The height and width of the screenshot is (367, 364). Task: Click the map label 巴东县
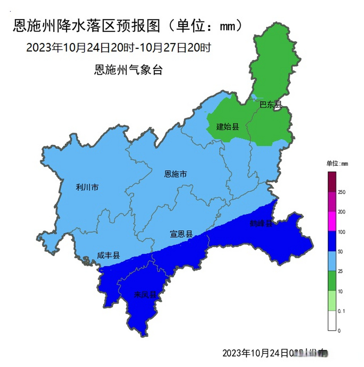(270, 105)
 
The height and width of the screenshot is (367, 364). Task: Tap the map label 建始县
(228, 126)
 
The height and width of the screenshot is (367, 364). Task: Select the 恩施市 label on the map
(175, 174)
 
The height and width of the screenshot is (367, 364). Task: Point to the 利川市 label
(87, 187)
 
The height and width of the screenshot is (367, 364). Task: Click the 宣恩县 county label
(181, 234)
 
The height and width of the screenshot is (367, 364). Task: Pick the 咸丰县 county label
(108, 255)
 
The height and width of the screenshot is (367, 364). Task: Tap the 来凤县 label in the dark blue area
(145, 294)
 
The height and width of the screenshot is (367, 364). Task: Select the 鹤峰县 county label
(261, 223)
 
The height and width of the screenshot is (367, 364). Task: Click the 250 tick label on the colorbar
(342, 192)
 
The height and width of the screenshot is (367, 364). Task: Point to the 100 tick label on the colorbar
(342, 232)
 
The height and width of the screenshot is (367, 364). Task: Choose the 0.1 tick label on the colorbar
(342, 311)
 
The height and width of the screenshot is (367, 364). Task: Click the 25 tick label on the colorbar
(340, 271)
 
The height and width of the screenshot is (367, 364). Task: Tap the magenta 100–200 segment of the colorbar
(332, 222)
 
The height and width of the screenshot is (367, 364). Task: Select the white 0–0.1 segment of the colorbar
(332, 321)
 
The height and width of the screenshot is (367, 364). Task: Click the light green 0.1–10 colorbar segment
(332, 301)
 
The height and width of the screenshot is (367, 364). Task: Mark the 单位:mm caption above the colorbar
(337, 164)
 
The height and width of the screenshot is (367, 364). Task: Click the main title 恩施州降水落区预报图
(86, 26)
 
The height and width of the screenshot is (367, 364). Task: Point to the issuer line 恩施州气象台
(128, 70)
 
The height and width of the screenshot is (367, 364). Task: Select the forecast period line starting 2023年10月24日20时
(119, 48)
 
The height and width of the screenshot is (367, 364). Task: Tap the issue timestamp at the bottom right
(275, 353)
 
